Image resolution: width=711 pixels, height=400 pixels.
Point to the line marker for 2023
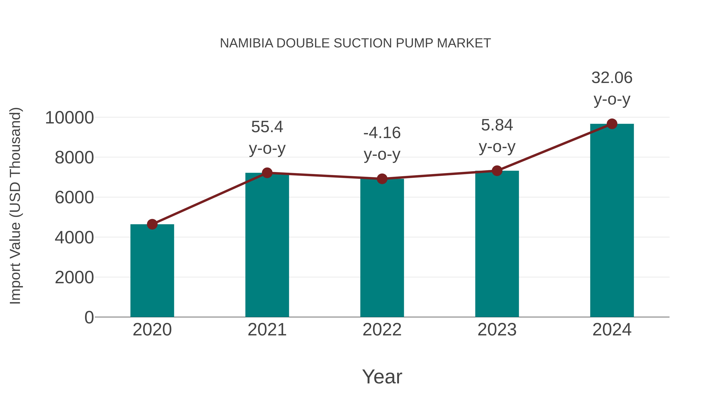pos(497,171)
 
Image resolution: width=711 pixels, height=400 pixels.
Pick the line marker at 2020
pos(152,224)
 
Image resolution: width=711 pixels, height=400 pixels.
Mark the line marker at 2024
pos(612,124)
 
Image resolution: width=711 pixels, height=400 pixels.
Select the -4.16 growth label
pos(382,133)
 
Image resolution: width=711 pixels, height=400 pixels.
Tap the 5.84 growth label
pos(497,125)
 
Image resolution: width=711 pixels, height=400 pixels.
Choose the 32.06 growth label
pos(612,78)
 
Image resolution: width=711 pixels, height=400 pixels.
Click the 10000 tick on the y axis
pos(70,118)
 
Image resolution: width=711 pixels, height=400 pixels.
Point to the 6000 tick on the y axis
pos(74,198)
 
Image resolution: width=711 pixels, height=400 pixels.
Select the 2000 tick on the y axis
pos(74,278)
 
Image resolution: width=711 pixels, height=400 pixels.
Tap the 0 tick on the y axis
pos(89,317)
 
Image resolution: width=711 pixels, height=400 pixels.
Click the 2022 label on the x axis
pos(382,330)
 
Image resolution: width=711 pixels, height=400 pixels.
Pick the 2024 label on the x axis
pos(612,330)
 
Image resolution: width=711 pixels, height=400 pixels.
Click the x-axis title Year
pos(382,376)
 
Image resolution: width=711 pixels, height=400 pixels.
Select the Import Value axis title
pos(15,206)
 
